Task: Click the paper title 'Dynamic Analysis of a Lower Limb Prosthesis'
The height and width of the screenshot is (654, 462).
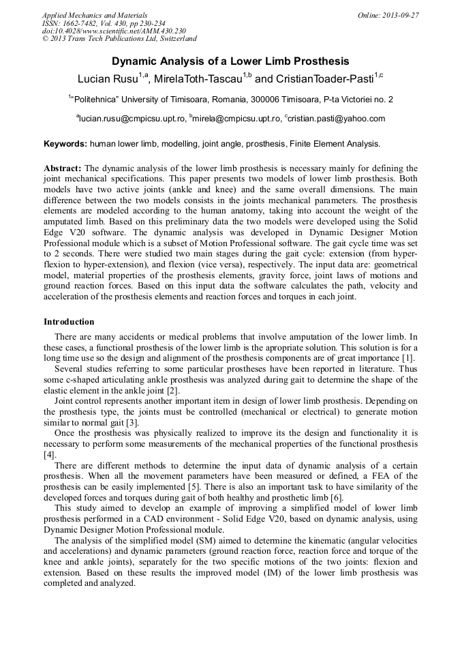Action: click(230, 61)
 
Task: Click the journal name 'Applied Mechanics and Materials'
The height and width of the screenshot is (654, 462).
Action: click(95, 15)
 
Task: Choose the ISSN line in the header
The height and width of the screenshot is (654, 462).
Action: click(104, 23)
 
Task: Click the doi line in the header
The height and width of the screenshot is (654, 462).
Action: click(114, 31)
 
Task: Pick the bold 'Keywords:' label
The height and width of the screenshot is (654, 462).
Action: click(65, 144)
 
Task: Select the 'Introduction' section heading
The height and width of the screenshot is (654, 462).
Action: click(69, 321)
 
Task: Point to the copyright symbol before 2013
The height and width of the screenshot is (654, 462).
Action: click(46, 40)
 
